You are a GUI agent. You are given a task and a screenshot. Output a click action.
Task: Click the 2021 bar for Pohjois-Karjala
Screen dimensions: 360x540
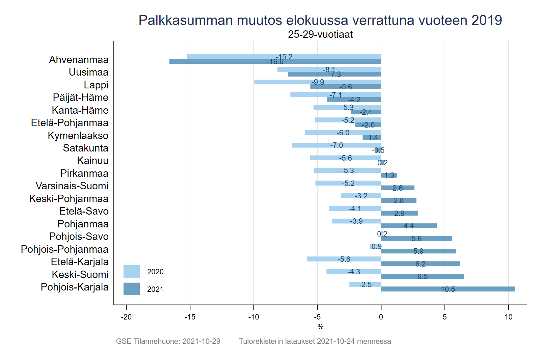click(448, 289)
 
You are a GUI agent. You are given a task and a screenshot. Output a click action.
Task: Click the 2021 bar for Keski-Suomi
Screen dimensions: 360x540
click(422, 276)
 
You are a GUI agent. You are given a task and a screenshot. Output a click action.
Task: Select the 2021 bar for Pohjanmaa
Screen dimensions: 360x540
click(409, 226)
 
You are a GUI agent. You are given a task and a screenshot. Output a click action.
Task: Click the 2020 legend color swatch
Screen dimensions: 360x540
click(131, 272)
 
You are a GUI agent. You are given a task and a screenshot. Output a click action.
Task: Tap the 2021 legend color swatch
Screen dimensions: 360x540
click(131, 289)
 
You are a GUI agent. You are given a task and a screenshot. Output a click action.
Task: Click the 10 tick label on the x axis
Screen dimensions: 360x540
click(508, 317)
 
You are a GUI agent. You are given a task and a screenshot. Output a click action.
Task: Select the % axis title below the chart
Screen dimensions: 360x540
click(320, 327)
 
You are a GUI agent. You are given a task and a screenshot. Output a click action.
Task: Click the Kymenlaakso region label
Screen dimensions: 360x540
click(78, 136)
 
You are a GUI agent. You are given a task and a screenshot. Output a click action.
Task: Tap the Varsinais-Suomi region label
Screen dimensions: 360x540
click(72, 186)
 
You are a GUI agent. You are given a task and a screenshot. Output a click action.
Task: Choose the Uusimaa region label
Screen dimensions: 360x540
click(88, 72)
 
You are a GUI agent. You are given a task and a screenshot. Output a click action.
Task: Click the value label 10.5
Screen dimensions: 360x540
click(448, 289)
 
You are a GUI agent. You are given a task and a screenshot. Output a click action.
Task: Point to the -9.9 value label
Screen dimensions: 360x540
click(318, 82)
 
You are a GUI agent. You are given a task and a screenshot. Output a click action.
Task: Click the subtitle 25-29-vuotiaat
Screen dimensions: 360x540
click(320, 34)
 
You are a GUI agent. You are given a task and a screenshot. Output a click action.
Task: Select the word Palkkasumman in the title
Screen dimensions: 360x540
click(186, 20)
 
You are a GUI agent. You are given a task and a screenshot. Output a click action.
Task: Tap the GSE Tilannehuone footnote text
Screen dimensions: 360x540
click(168, 341)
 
